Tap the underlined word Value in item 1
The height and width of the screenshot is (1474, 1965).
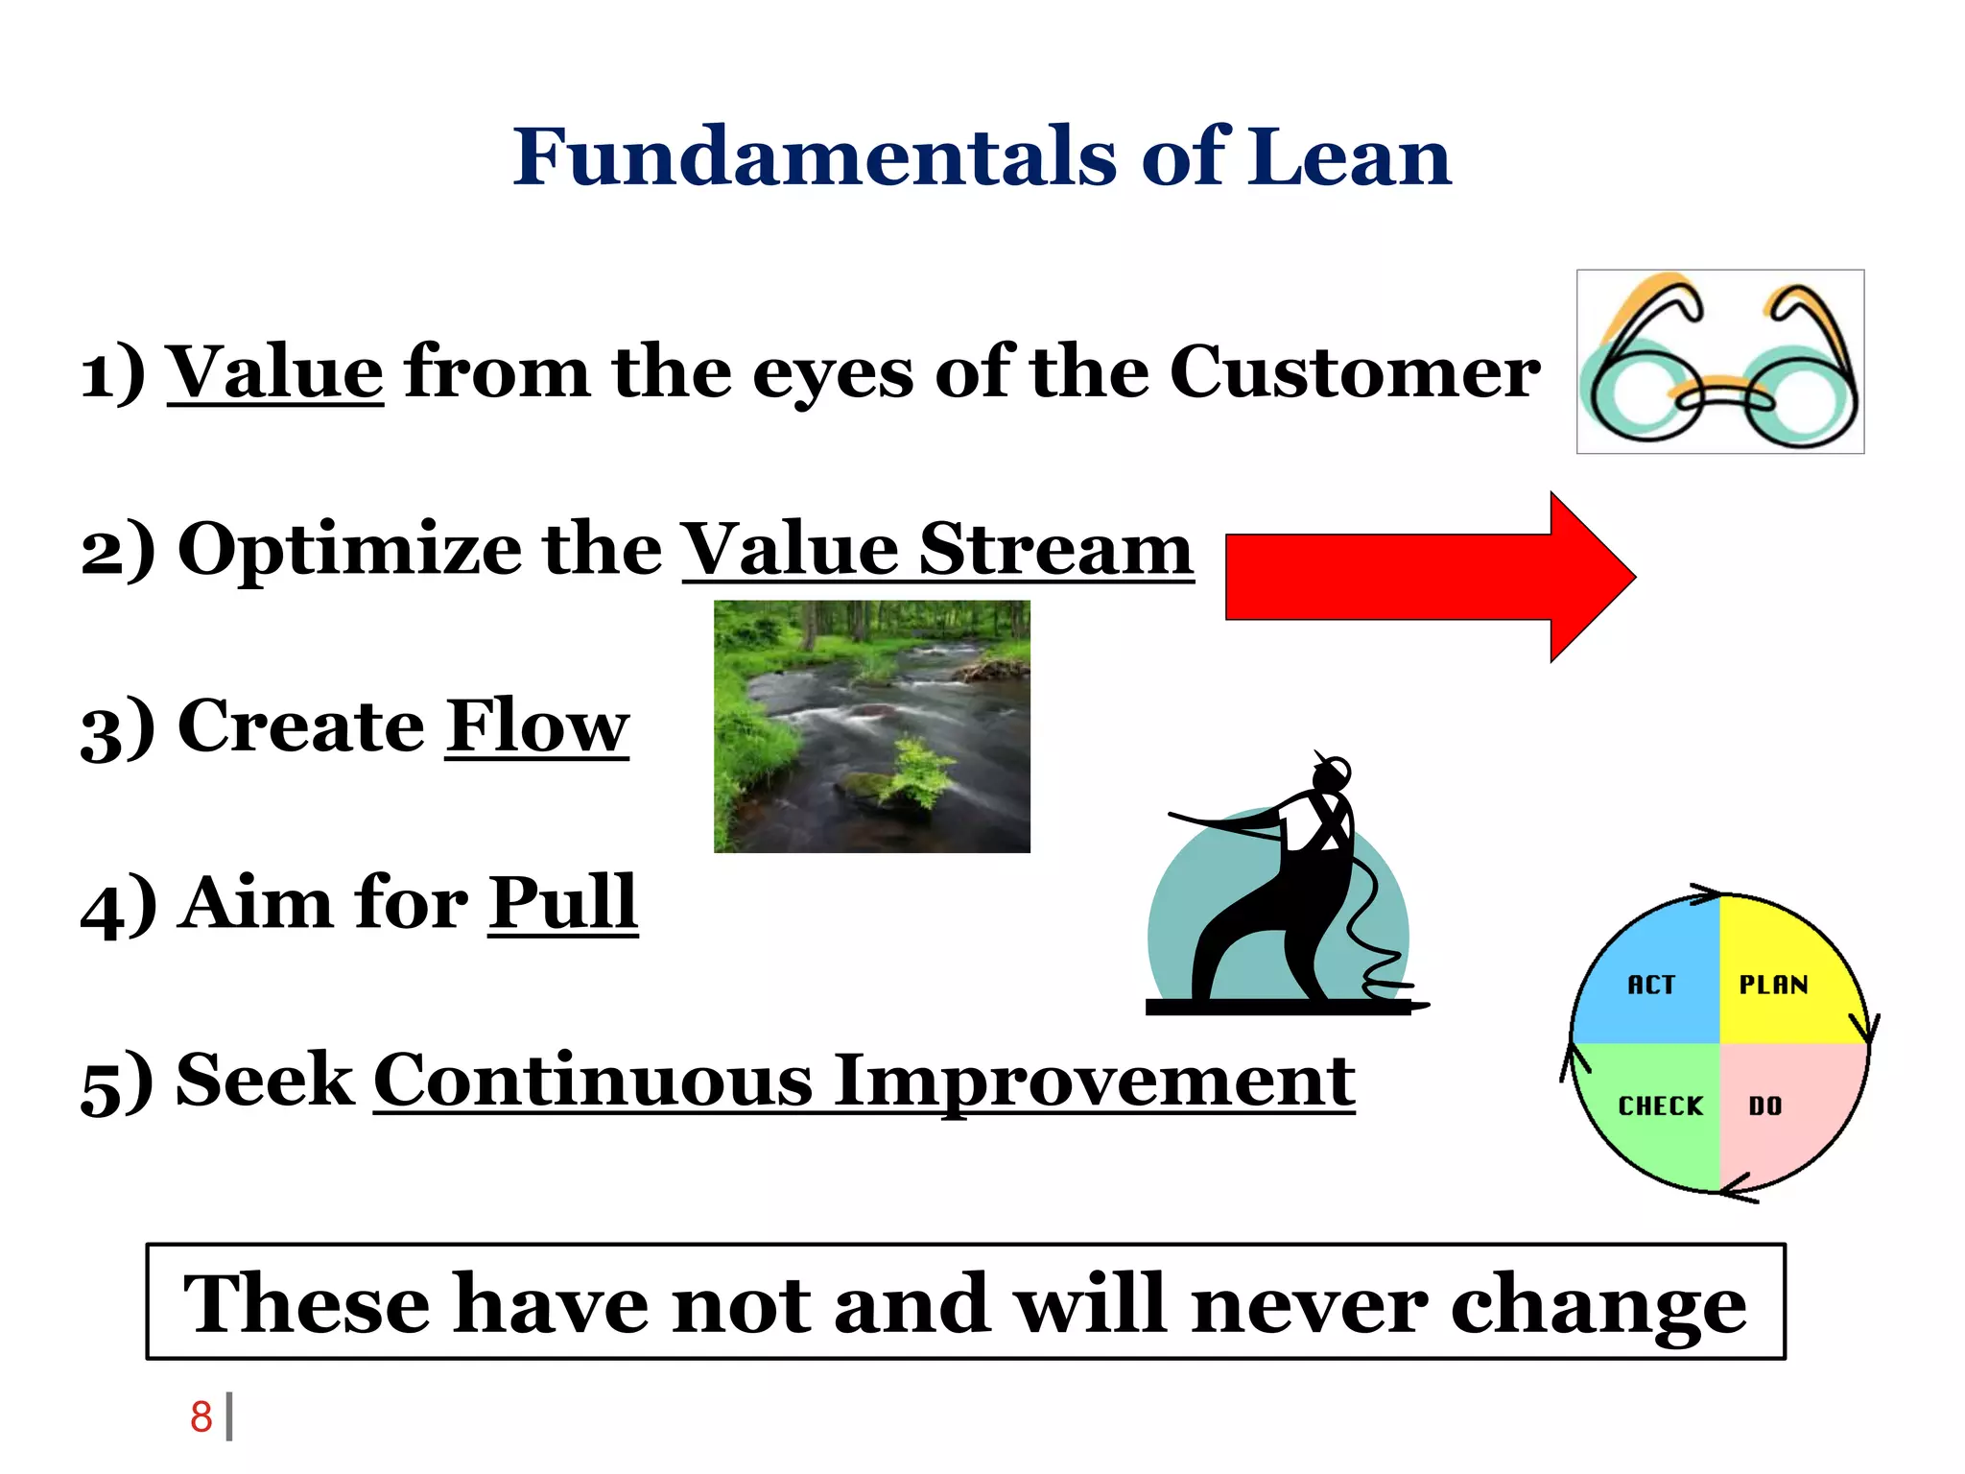(x=275, y=372)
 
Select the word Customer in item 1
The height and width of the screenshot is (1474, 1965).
(x=1354, y=372)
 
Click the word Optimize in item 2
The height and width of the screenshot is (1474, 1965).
(x=351, y=550)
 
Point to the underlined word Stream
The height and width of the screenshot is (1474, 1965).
(x=1055, y=550)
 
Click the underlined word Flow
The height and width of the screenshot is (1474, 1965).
(x=536, y=726)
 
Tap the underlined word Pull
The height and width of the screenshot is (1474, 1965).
(x=562, y=903)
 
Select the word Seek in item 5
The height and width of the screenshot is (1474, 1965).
(x=265, y=1081)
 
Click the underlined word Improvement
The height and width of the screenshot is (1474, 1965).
(x=1094, y=1082)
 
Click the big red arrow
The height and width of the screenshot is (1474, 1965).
(x=1420, y=577)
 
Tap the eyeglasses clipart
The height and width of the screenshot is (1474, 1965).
(x=1719, y=362)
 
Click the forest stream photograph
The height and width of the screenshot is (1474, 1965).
(x=871, y=726)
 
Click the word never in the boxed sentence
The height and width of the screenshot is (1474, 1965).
(x=1309, y=1304)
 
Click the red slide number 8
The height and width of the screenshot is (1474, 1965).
(x=201, y=1416)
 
